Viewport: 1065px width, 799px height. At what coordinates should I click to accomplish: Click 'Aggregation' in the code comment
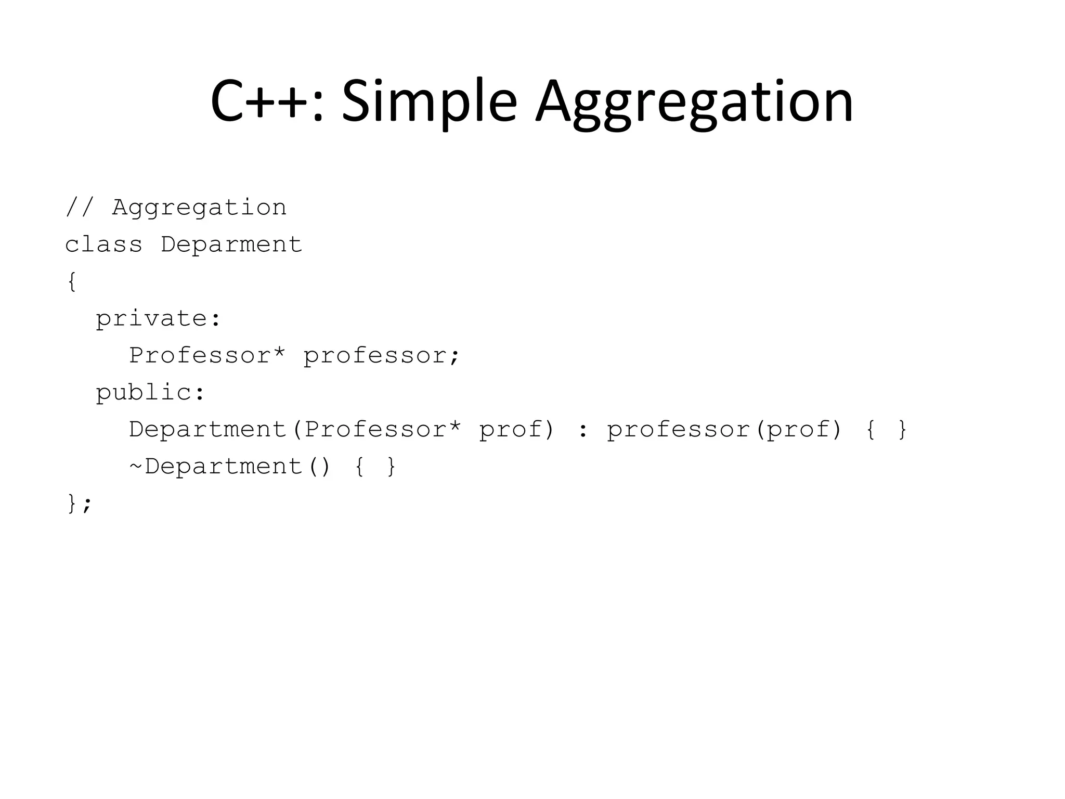click(199, 208)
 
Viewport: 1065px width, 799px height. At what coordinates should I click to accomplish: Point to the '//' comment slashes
click(79, 207)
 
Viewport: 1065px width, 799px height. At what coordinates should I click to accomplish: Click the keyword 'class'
click(103, 244)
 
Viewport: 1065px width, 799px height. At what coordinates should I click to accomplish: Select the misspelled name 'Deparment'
click(231, 244)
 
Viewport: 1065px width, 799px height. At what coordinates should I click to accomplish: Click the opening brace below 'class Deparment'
click(72, 281)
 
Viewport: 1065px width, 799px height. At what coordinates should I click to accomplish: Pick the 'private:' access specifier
click(158, 318)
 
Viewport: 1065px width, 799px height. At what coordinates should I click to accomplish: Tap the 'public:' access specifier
click(150, 392)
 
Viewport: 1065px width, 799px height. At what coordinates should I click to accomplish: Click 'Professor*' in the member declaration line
click(207, 355)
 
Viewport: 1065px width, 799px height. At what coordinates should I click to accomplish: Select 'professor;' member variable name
click(382, 355)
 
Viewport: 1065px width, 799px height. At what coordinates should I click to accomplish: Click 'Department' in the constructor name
click(208, 429)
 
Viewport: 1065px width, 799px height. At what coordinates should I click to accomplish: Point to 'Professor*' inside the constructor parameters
click(383, 429)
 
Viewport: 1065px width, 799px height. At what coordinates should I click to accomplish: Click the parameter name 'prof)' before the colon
click(516, 429)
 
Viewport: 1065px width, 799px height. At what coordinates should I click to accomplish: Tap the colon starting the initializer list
click(582, 430)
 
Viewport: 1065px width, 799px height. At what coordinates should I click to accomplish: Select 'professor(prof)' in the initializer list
click(724, 429)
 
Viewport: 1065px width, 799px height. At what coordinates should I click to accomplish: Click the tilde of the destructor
click(135, 466)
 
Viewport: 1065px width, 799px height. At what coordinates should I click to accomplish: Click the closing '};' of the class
click(79, 504)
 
